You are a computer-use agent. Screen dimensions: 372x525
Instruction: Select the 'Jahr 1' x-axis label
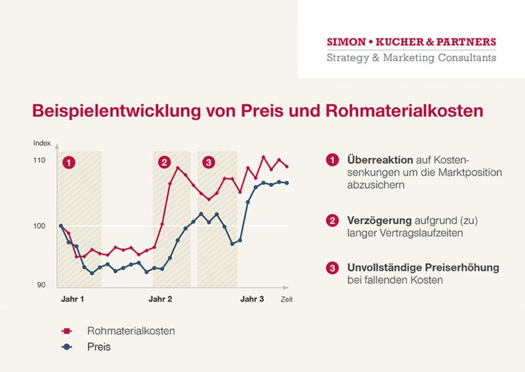click(x=73, y=299)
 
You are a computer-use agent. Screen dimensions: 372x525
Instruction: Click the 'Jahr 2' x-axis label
click(x=160, y=299)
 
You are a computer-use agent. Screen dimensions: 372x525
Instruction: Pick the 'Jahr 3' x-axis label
click(x=252, y=299)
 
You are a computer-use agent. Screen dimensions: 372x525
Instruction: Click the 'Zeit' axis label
click(x=286, y=300)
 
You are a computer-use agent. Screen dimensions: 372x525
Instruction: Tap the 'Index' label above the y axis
click(x=42, y=143)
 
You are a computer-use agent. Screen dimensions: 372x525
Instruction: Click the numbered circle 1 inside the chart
click(x=69, y=162)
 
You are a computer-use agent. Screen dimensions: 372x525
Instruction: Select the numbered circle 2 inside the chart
click(x=164, y=162)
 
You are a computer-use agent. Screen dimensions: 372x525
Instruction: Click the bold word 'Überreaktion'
click(x=380, y=159)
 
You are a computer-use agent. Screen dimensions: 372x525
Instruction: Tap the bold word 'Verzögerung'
click(x=379, y=221)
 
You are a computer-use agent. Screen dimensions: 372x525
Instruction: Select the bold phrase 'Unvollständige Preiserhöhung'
click(x=423, y=267)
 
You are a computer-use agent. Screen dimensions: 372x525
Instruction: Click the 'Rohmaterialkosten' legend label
click(x=131, y=331)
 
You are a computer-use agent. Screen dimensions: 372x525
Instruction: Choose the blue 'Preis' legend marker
click(x=66, y=347)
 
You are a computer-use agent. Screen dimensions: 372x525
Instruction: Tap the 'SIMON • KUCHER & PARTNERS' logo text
click(x=411, y=42)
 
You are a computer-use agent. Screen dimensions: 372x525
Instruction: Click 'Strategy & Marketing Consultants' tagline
click(x=411, y=57)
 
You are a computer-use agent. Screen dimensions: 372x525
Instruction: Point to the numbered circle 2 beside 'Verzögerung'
click(x=332, y=221)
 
